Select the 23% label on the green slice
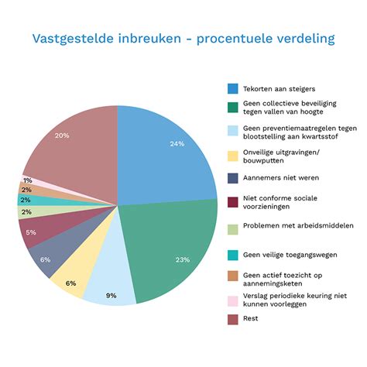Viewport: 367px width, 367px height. (182, 259)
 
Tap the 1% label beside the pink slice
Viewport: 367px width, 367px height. (27, 180)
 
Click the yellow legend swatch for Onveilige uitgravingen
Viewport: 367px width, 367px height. (232, 155)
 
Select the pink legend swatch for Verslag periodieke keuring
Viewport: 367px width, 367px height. (232, 299)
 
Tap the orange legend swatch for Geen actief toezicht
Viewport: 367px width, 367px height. (232, 277)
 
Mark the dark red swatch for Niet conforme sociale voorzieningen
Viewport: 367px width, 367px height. (232, 203)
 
